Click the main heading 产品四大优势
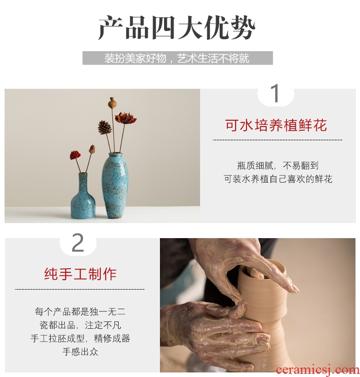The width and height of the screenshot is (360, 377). coord(177,28)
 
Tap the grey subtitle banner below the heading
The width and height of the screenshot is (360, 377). coord(178,58)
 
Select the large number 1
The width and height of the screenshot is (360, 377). coord(276,93)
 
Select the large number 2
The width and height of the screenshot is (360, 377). coord(78,242)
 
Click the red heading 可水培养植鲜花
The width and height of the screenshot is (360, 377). coord(276,125)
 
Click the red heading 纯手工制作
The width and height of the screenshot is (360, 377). coord(80,274)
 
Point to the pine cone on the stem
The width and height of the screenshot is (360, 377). coord(105,127)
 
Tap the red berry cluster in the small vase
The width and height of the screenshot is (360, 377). coord(75,155)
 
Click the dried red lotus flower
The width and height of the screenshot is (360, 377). coord(125,118)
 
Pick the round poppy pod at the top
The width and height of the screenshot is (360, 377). coord(112,103)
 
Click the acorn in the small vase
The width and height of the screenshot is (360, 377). coord(92,149)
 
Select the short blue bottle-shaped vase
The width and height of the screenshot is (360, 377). coord(83,195)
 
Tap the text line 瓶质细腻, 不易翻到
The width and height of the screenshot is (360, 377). coord(278,166)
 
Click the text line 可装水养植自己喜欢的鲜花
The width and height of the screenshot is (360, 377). coord(278,179)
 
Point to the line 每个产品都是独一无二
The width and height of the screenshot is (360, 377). coord(80,311)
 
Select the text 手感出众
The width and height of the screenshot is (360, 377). coord(80,352)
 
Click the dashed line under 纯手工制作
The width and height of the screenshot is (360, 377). coord(80,289)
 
